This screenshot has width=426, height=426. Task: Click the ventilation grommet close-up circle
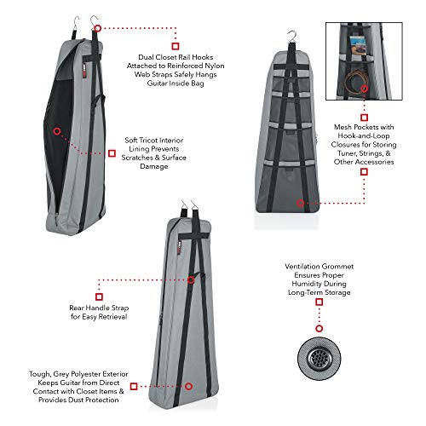tap(319, 359)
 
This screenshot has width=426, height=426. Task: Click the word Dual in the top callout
tap(146, 57)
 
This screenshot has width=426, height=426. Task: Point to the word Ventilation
tap(302, 267)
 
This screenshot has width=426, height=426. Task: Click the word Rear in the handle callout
tap(77, 308)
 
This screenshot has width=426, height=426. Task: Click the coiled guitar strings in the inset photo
tap(356, 81)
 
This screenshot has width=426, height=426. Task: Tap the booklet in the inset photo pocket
tap(358, 45)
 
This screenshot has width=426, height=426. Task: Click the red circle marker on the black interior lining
tap(57, 131)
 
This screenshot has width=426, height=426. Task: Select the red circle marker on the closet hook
tap(98, 28)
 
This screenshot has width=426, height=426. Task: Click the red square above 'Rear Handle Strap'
tap(99, 296)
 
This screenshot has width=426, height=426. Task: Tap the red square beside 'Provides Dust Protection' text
tap(134, 386)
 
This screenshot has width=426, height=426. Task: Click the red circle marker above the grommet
tap(319, 329)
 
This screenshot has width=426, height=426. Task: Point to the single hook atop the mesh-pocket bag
tap(291, 37)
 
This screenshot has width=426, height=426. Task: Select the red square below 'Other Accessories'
tap(364, 172)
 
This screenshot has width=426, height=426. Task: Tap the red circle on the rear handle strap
tap(191, 280)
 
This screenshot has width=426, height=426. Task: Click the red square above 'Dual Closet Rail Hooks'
tap(176, 46)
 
